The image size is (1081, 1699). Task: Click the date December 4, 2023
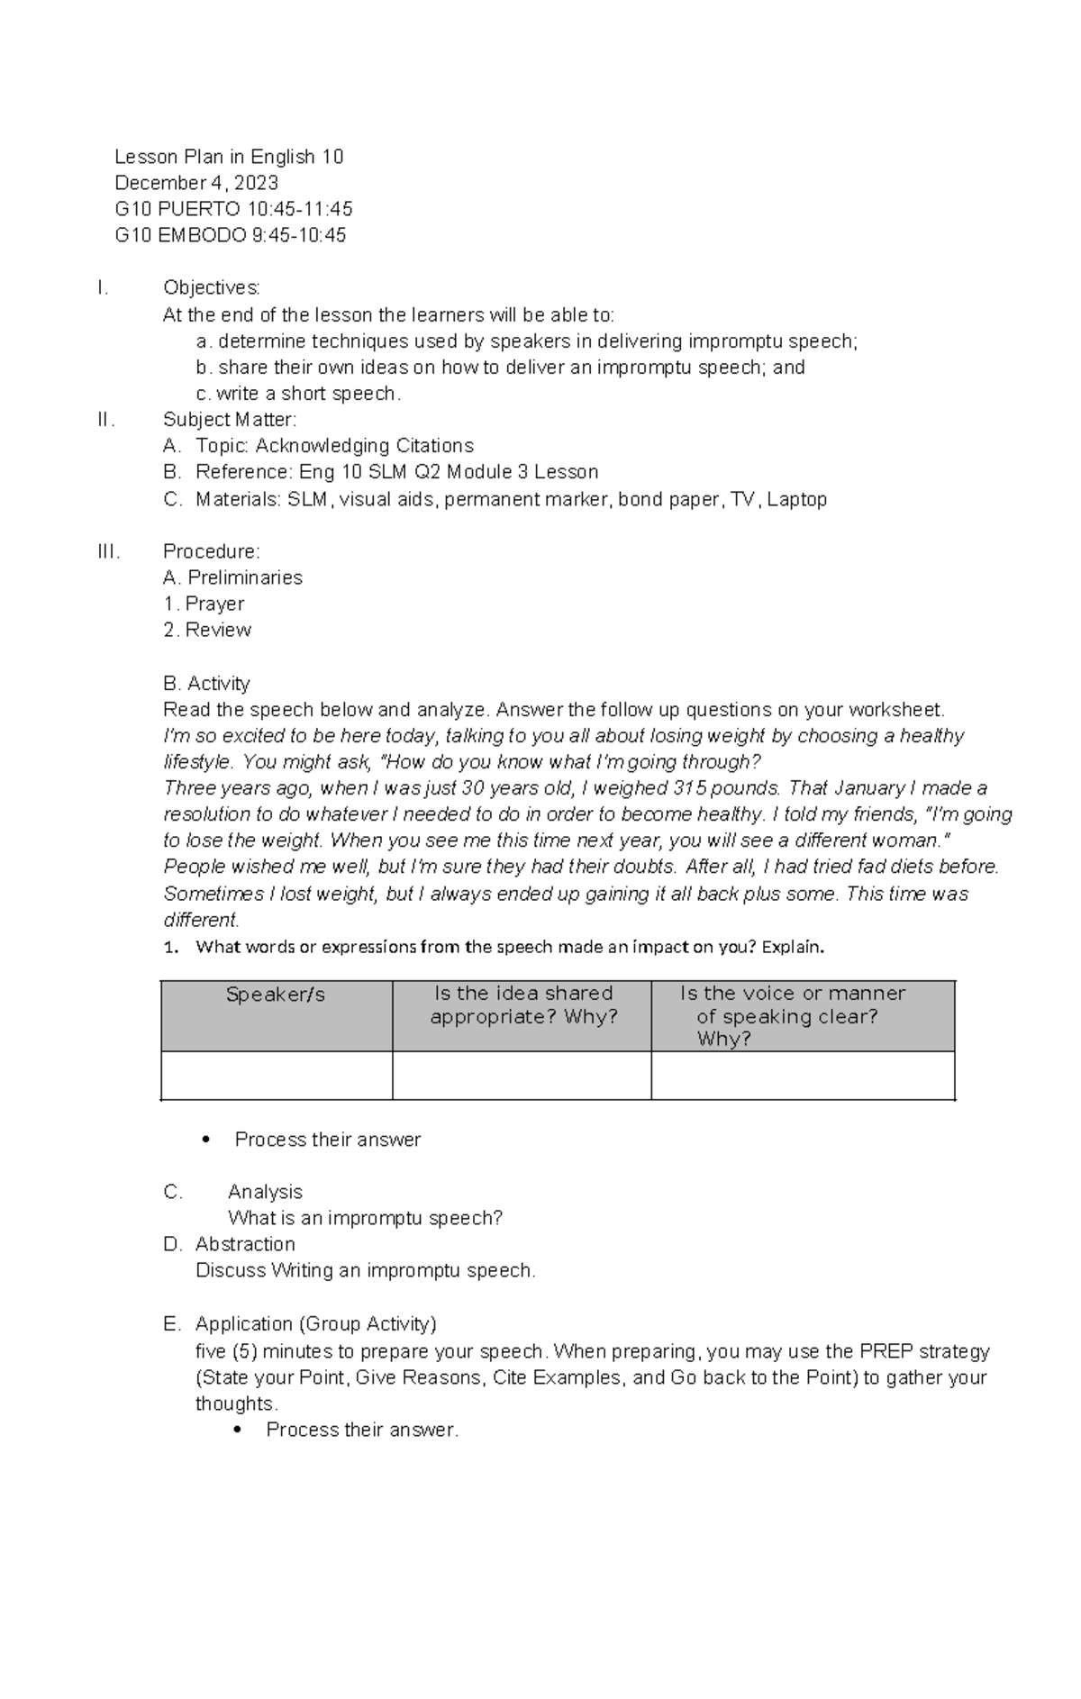tap(196, 183)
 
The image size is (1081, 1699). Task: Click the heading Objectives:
tap(212, 287)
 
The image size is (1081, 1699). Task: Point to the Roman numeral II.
tap(105, 419)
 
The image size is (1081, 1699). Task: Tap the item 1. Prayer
tap(204, 604)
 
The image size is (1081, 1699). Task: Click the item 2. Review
tap(207, 630)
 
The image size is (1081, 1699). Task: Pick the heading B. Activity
tap(206, 683)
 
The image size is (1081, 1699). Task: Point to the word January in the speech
tap(869, 787)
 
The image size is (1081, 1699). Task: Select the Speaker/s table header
tap(276, 995)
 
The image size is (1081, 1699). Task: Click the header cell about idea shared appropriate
tap(522, 1004)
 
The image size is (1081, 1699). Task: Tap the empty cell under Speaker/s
tap(276, 1076)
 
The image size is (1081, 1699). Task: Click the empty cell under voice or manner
tap(802, 1076)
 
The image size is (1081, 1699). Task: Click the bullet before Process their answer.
tap(206, 1140)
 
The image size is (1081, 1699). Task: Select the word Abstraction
tap(245, 1244)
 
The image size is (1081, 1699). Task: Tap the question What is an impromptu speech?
tap(365, 1218)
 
